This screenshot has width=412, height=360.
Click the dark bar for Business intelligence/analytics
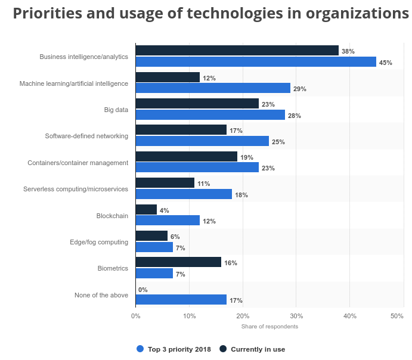(x=237, y=51)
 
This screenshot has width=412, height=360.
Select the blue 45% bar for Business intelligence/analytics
(x=256, y=62)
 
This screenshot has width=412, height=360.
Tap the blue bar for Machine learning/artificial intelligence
(x=213, y=88)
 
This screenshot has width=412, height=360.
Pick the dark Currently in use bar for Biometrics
(x=178, y=262)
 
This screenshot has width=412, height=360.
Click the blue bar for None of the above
(x=181, y=300)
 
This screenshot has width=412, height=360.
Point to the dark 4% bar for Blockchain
(x=146, y=210)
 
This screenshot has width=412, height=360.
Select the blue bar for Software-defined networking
(x=202, y=141)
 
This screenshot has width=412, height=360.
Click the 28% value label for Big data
(x=294, y=116)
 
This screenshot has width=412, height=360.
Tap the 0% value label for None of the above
(x=143, y=290)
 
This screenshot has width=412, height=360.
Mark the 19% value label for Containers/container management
(x=246, y=157)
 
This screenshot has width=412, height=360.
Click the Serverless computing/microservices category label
(x=76, y=189)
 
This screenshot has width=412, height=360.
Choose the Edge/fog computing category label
(x=99, y=242)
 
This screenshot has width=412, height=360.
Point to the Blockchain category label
(x=112, y=215)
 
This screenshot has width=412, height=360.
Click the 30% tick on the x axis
(x=296, y=316)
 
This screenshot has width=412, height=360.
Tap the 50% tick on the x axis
(x=397, y=316)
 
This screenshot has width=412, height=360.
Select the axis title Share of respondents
(x=269, y=326)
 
